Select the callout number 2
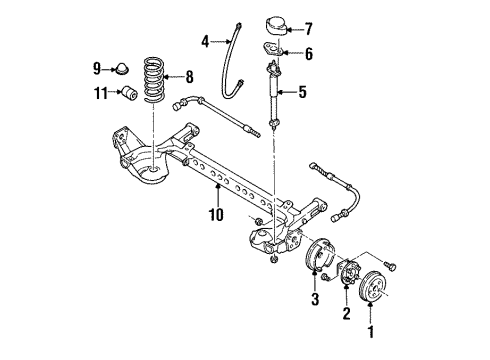pos(346,315)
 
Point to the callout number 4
pos(205,42)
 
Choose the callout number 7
pos(308,27)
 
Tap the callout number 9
pos(98,68)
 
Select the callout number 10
pos(216,213)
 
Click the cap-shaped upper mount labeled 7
pos(272,25)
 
